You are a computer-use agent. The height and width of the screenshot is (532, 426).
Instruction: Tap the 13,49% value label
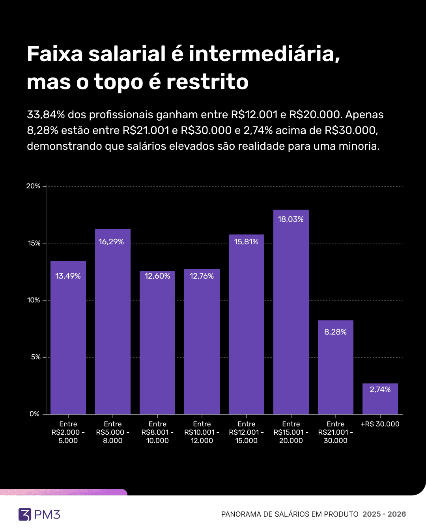68,276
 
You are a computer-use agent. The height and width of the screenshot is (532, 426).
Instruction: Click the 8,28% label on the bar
335,332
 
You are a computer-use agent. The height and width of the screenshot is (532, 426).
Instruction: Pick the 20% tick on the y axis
34,186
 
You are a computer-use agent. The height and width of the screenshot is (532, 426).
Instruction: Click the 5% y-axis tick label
35,357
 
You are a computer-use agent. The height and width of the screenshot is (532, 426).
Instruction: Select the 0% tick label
35,414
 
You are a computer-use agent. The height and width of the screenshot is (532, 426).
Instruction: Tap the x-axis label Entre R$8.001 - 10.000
157,432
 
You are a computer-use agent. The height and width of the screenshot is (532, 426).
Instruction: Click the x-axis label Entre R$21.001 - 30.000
336,432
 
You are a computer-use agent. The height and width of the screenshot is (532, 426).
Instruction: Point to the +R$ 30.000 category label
380,424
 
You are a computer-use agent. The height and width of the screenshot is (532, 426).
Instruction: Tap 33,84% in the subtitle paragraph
46,115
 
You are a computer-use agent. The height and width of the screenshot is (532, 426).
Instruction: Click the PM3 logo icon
25,514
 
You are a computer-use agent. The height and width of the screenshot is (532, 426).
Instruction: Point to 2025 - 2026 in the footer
384,514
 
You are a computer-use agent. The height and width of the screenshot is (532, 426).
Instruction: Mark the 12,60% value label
157,276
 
